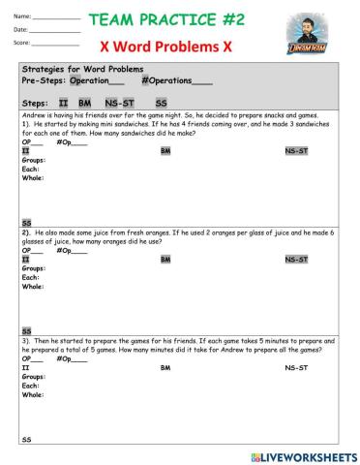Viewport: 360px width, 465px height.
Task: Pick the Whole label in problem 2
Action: [32, 287]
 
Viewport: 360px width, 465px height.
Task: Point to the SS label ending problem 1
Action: [26, 222]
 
